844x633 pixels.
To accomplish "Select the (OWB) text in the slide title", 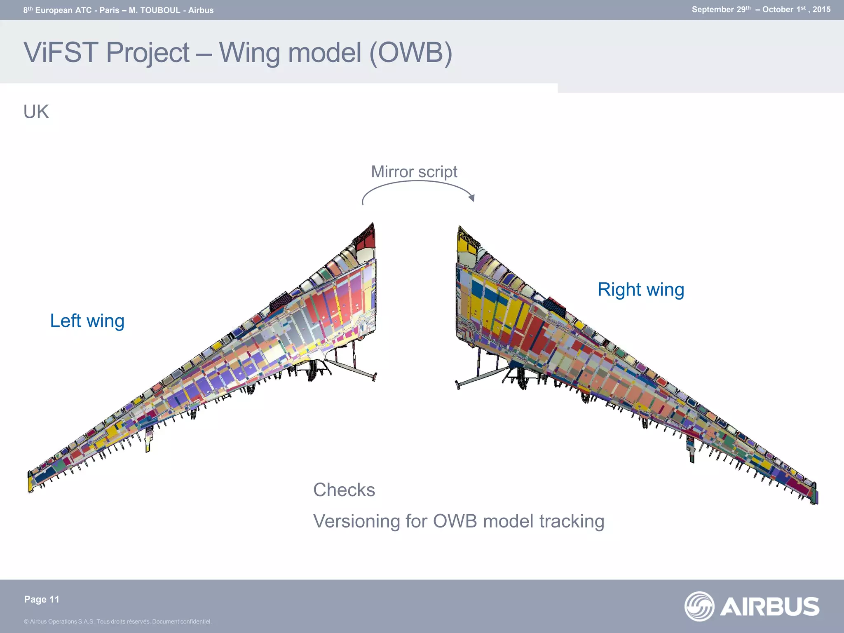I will coord(410,53).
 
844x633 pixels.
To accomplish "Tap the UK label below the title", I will coord(36,112).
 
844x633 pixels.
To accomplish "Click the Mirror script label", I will coord(414,172).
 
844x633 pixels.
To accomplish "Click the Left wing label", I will coord(87,321).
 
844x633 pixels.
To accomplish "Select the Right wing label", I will coord(640,290).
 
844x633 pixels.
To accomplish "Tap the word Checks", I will coord(344,490).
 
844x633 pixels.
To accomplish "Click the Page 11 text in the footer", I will coord(42,600).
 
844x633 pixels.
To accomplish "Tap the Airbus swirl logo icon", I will coord(699,606).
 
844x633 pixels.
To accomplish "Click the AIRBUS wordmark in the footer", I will coord(770,607).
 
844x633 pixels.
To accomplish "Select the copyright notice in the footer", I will coord(117,621).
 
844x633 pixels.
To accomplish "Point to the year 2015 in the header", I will coord(821,9).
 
